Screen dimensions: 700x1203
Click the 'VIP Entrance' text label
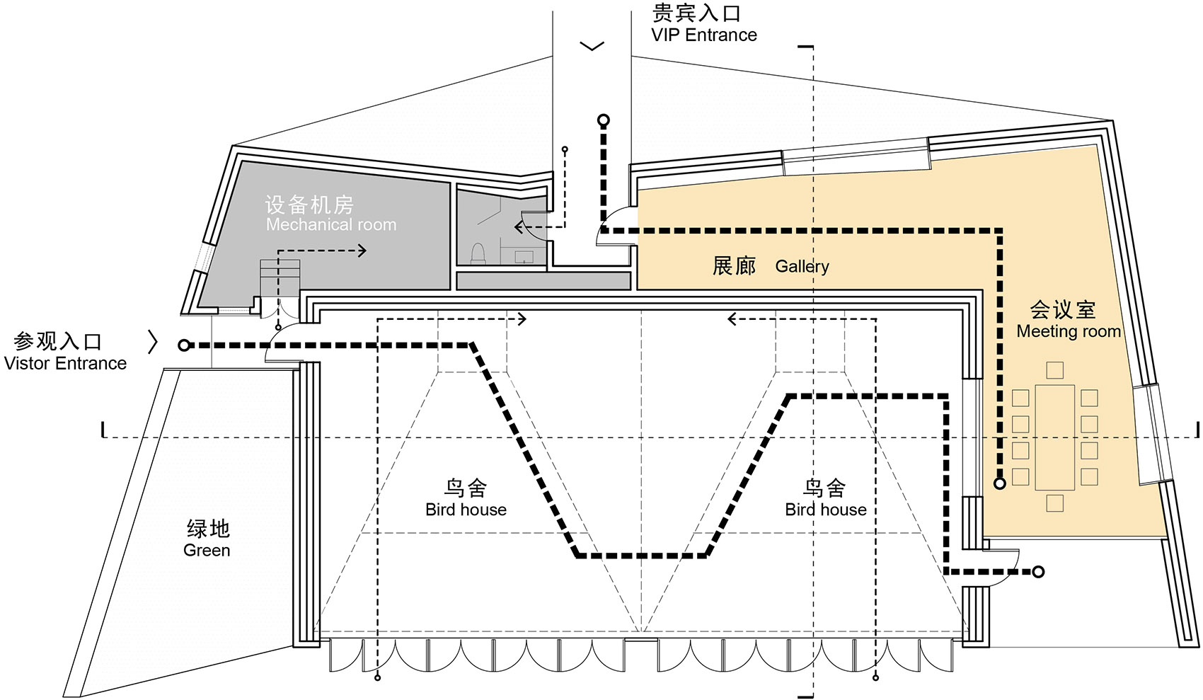coord(703,35)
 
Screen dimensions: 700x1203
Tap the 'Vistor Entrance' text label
coord(65,364)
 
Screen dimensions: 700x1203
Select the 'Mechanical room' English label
coord(330,225)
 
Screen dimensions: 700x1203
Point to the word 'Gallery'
coord(802,266)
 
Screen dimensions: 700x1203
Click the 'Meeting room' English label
coord(1069,331)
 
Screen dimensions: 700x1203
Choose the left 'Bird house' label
coord(466,510)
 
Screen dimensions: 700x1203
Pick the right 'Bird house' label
coord(825,510)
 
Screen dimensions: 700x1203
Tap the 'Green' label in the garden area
coord(207,551)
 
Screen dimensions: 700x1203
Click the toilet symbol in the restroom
coord(478,253)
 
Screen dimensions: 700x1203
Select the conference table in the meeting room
coord(1054,437)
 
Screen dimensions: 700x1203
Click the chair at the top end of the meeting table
coord(1054,369)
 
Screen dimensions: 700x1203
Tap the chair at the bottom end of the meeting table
coord(1054,503)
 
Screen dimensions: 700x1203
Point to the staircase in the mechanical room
coord(280,278)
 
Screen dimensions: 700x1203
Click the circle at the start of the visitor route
coord(184,345)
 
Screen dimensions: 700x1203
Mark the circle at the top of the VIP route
coord(604,120)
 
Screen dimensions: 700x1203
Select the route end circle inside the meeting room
coord(999,483)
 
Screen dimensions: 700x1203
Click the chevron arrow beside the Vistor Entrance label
coord(152,342)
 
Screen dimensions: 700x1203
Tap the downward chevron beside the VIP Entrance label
coord(592,47)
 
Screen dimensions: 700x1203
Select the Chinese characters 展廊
coord(734,266)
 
